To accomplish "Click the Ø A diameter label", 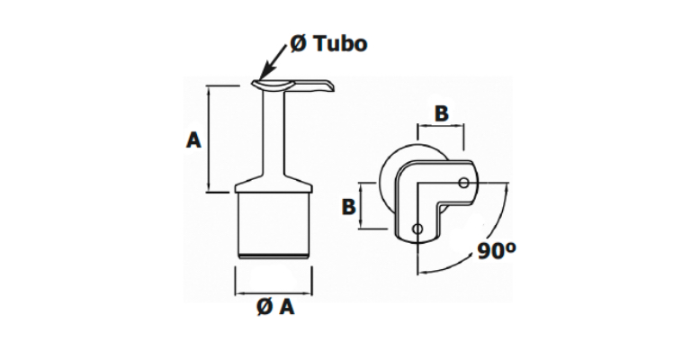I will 275,308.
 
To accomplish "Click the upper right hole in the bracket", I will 463,183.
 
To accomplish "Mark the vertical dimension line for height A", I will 209,139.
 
